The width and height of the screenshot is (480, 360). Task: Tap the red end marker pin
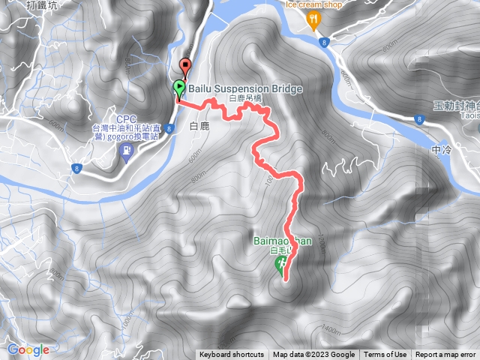coord(186,64)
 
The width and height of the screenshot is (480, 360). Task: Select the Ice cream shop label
coord(314,4)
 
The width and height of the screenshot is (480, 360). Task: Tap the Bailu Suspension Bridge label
coord(245,88)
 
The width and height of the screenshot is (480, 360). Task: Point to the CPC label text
coord(126,118)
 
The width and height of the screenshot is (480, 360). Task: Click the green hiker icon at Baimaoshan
coord(281,263)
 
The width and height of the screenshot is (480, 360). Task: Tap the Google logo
coord(28,349)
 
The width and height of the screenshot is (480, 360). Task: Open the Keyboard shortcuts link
coord(232,355)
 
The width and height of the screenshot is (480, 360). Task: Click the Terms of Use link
coord(385,355)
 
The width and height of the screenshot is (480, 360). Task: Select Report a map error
coord(446,355)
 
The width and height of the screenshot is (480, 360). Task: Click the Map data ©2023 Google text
coord(313,355)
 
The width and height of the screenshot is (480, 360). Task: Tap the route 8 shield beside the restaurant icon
coord(324,43)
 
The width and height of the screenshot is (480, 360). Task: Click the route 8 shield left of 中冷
coord(420,118)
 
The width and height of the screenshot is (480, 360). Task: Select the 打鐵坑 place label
coord(40,4)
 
